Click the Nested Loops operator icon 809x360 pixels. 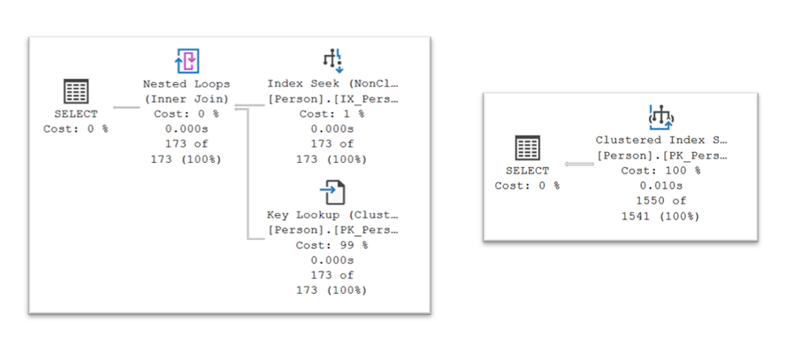coord(187,61)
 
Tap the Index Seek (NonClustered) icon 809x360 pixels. coord(332,60)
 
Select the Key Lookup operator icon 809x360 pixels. coord(332,192)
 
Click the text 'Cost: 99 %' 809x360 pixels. coord(332,245)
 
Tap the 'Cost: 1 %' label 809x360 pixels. coord(332,114)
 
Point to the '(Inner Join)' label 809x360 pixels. coord(187,98)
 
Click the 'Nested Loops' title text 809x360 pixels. coord(187,83)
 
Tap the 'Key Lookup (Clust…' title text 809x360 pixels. coord(332,214)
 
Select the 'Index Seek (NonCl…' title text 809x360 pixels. coord(332,83)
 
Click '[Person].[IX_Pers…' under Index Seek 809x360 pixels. coord(332,98)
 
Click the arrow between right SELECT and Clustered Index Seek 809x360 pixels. coord(578,164)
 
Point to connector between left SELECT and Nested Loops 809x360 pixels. coord(127,107)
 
